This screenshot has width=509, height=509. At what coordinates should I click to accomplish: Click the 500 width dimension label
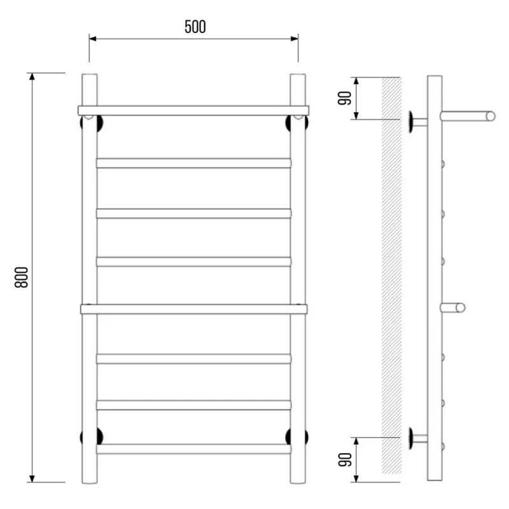coord(195,27)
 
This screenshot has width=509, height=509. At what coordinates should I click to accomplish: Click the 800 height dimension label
coord(22,277)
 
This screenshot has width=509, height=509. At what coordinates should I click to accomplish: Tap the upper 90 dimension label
coord(345,99)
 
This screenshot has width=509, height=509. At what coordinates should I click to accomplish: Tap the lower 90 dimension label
coord(345,459)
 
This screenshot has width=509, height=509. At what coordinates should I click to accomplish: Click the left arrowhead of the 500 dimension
coord(93,39)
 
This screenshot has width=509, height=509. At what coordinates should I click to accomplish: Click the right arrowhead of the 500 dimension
coord(295,39)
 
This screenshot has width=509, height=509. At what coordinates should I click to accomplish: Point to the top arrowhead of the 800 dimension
coord(32,77)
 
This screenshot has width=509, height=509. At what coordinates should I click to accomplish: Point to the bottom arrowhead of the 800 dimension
coord(32,478)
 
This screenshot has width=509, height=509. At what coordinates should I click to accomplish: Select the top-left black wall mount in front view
coord(92,123)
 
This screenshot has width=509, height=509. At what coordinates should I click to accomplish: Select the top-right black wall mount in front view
coord(296,123)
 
